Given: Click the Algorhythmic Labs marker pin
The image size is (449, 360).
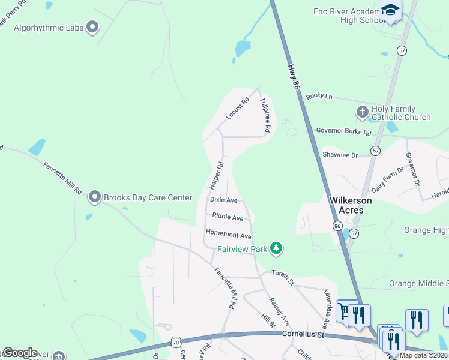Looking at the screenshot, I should coord(92,26).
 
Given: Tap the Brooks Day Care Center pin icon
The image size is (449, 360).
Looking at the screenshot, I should coord(94,197).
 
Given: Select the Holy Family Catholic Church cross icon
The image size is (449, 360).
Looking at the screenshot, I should coord(362,112).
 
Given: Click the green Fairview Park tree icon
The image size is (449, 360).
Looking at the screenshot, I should coord(276,247).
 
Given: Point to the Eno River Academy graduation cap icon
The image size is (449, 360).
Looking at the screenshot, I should coord(390,10).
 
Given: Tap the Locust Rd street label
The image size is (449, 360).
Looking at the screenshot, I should coord(236,109).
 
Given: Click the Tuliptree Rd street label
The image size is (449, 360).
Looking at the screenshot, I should coord(265,115).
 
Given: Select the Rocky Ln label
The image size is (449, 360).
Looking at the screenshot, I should coord(319,96).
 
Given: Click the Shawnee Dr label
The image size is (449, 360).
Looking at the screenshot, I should coord(340,155).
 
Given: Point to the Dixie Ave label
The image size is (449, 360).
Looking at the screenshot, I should coord(223,200).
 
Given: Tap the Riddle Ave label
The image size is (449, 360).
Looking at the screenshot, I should coord(228,218).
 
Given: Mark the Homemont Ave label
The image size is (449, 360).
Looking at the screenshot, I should coord(228,236).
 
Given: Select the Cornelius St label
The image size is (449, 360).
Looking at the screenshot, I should coord(303,334).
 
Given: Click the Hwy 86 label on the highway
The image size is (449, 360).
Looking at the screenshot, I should coord(293,77).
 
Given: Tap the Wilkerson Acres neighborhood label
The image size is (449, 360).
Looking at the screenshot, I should coord(351,205).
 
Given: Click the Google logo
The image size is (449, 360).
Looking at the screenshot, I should coord(19,352).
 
